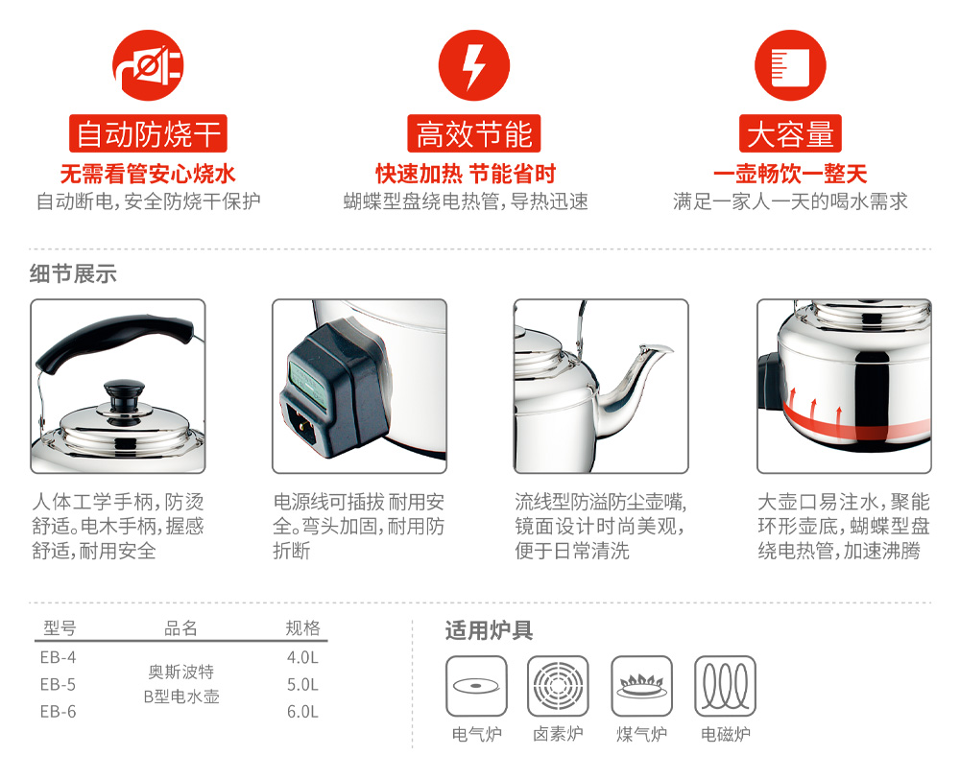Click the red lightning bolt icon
click(474, 65)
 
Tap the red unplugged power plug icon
click(148, 65)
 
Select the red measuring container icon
click(790, 65)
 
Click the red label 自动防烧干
click(148, 133)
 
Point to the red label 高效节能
click(474, 133)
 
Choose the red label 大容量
click(790, 133)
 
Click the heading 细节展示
click(73, 273)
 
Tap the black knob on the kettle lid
click(124, 398)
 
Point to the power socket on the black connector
click(305, 423)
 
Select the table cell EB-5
click(59, 684)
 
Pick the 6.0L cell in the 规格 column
click(302, 712)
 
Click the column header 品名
click(180, 627)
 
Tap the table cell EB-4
click(59, 657)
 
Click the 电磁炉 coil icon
click(725, 686)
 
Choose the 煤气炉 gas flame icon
click(641, 686)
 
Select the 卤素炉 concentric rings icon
click(558, 686)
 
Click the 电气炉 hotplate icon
click(476, 686)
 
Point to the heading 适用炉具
click(490, 630)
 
